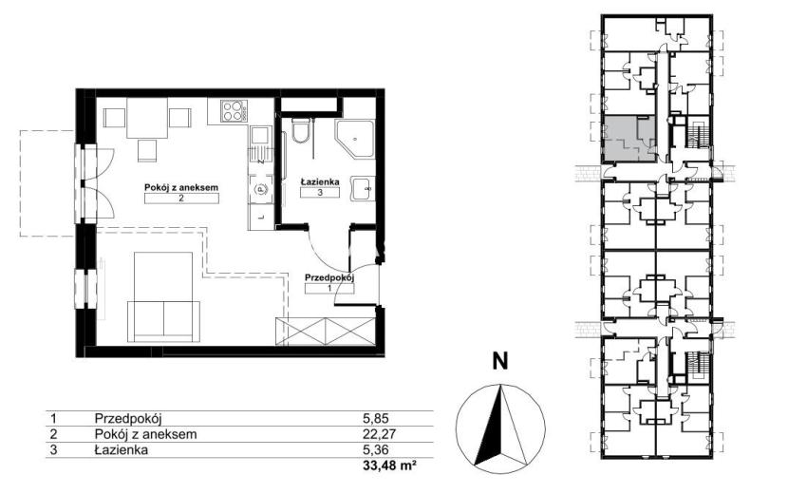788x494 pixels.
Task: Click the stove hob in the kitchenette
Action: [234, 111]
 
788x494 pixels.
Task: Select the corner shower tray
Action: [355, 139]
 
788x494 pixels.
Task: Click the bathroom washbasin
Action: [363, 189]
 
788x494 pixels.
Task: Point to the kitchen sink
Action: [260, 142]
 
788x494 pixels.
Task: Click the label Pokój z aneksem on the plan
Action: [181, 187]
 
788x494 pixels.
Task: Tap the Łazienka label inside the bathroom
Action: [320, 181]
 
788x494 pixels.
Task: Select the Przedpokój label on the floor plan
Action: [330, 277]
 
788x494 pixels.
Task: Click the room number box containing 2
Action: [181, 199]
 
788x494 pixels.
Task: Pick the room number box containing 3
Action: [320, 192]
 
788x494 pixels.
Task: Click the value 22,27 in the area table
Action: [376, 433]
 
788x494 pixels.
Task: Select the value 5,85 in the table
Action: [376, 418]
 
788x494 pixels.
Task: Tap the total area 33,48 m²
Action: [390, 465]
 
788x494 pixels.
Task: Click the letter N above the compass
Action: [500, 361]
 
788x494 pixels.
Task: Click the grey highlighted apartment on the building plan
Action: [629, 139]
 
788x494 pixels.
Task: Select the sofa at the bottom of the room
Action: [164, 321]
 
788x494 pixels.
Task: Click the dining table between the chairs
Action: [147, 118]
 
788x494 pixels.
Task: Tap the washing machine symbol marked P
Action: [260, 189]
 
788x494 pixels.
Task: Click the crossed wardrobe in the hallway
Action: [325, 332]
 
